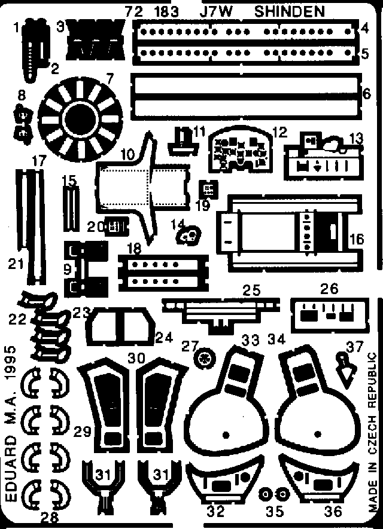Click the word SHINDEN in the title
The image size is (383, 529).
pos(290,11)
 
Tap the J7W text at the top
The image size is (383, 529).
pos(221,11)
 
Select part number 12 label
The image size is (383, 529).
pos(280,132)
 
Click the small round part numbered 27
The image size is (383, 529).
pos(204,358)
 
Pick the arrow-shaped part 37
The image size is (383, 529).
pos(345,369)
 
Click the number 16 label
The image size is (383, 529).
pos(357,239)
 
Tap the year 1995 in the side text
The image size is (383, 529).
pos(11,363)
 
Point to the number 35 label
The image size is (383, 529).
pos(275,512)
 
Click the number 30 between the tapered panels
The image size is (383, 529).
pos(137,357)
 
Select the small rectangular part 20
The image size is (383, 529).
pos(117,226)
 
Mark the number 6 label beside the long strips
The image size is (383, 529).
pos(367,93)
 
